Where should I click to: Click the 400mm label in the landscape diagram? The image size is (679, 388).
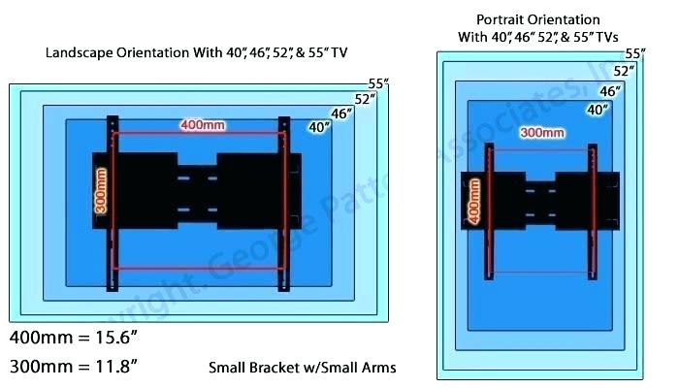tap(202, 125)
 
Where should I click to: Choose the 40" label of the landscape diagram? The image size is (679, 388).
tap(319, 127)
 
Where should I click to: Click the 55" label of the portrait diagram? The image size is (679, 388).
tap(635, 54)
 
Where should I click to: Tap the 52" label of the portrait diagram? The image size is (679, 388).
tap(625, 72)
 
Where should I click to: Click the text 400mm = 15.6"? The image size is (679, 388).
tap(74, 339)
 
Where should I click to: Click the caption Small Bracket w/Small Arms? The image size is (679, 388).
tap(302, 368)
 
